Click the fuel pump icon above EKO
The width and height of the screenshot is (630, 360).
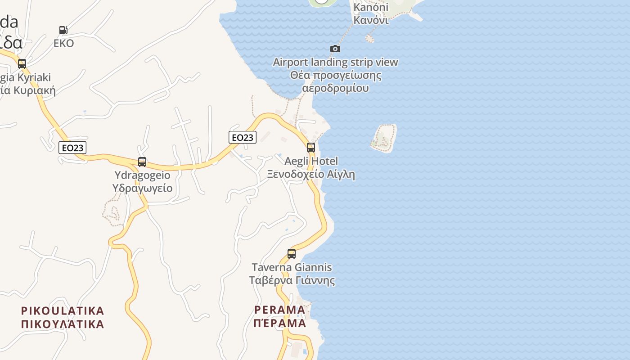(x=63, y=30)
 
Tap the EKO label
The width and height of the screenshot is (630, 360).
(x=63, y=44)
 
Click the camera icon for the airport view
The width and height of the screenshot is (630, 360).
(x=335, y=49)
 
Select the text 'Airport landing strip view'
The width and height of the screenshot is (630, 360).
(x=335, y=62)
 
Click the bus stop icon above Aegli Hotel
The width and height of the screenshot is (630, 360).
(x=310, y=148)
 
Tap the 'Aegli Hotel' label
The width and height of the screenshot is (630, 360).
(x=311, y=161)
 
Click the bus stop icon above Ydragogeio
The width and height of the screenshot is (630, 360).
(x=142, y=162)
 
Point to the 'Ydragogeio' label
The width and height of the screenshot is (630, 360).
(x=142, y=175)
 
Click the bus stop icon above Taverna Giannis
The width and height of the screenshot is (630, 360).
(x=292, y=254)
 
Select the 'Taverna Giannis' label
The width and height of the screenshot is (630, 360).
(x=292, y=267)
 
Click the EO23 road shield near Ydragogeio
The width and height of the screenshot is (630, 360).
(x=72, y=148)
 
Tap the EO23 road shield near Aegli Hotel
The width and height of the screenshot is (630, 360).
(x=243, y=137)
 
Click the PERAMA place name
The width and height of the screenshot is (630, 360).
(x=279, y=310)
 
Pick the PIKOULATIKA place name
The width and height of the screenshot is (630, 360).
(x=63, y=310)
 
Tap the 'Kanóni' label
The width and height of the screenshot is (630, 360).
(x=371, y=7)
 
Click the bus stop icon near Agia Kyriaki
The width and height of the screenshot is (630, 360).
(x=22, y=64)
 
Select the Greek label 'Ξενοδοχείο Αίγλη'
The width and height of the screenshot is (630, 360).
(x=311, y=174)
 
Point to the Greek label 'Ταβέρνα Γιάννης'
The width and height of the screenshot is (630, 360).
(x=292, y=281)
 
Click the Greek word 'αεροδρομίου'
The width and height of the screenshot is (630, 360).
(x=335, y=88)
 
